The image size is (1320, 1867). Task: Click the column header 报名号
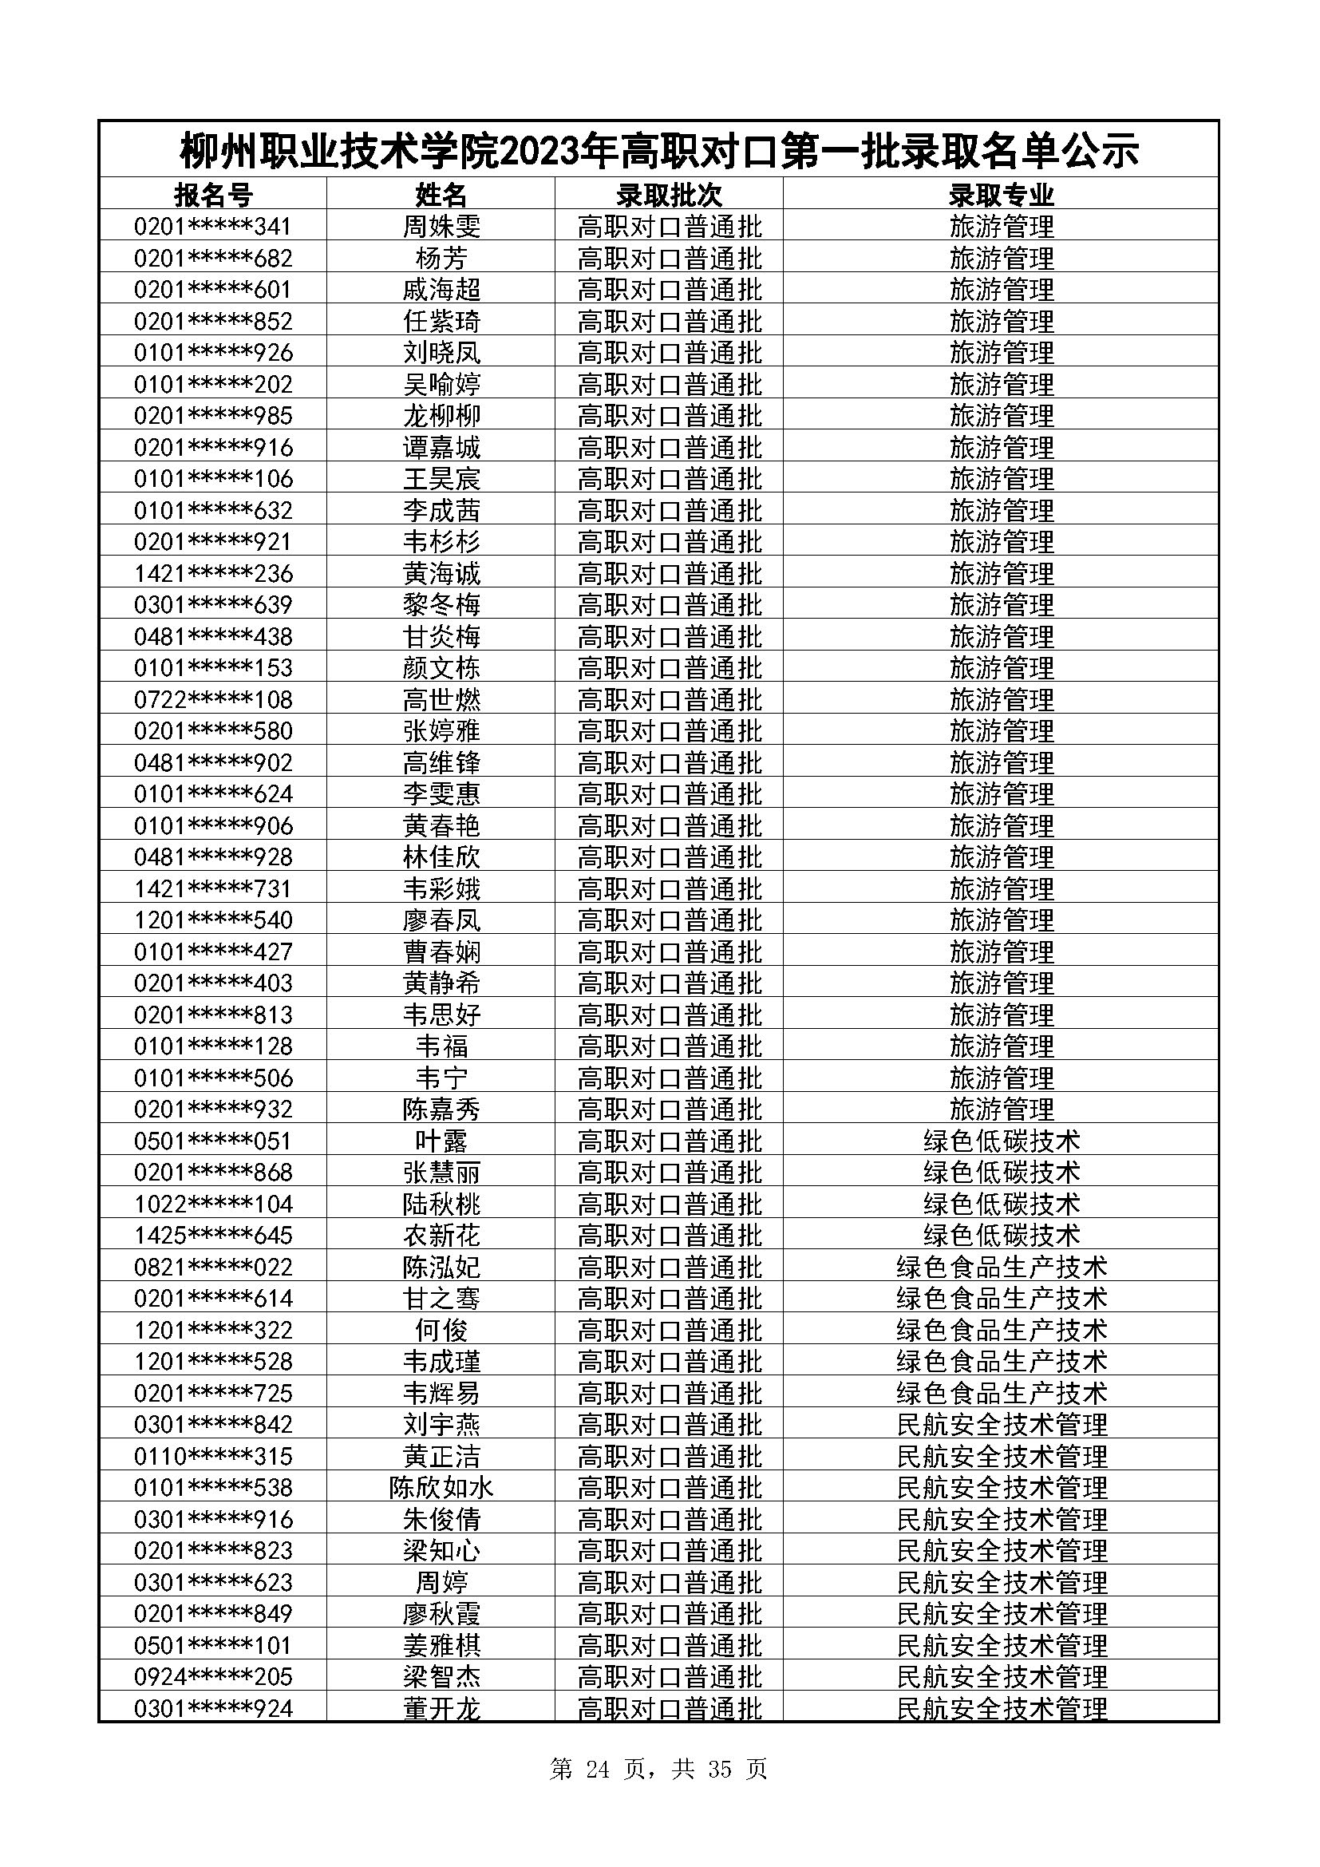point(213,195)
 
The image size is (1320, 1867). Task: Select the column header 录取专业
point(1001,195)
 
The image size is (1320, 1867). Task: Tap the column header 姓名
point(441,195)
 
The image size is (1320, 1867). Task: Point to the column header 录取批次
point(669,195)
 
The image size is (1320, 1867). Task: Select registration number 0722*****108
point(213,699)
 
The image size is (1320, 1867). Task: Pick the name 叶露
point(441,1141)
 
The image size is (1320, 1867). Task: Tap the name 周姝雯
point(441,226)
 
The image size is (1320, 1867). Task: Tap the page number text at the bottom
point(658,1770)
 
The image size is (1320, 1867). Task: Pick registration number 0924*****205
point(213,1677)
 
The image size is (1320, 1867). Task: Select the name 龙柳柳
point(441,416)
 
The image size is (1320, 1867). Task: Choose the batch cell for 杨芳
point(669,259)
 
